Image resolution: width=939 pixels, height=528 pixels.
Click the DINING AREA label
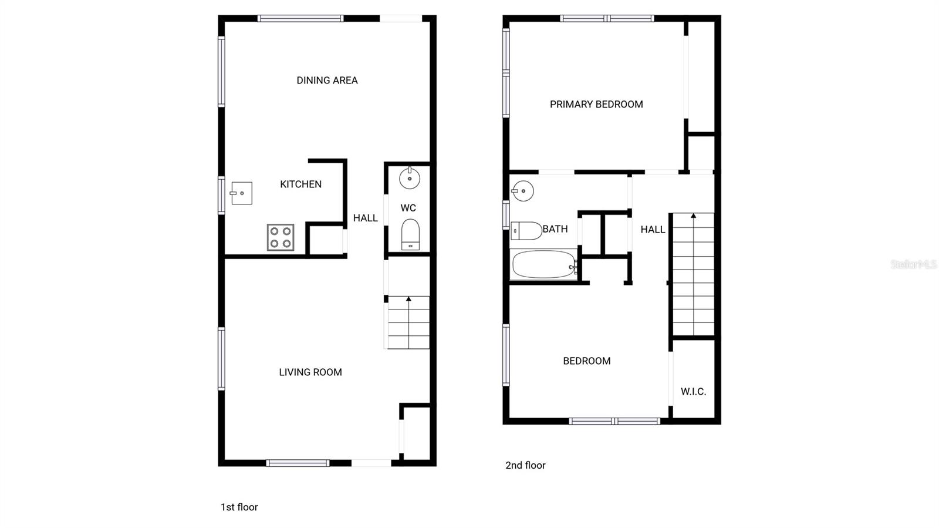coord(327,80)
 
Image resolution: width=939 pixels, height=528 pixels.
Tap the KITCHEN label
coord(300,184)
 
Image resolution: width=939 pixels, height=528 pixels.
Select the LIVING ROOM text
coord(310,372)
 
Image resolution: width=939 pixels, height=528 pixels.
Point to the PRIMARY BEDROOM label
coord(596,105)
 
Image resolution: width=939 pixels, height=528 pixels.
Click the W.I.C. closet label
coord(693,392)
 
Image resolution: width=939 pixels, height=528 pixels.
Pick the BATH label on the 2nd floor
coord(555,229)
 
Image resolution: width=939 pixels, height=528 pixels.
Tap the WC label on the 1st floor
coord(408,208)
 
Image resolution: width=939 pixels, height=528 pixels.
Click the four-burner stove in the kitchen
coord(281,237)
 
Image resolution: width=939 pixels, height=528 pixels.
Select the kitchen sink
coord(241,193)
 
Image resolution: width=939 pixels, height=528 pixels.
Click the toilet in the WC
coord(410,234)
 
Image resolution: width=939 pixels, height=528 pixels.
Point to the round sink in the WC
coord(410,178)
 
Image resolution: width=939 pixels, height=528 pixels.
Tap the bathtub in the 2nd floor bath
coord(544,264)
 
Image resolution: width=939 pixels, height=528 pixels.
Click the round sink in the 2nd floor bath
coord(522,191)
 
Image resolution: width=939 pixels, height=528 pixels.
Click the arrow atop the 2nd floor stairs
coord(693,217)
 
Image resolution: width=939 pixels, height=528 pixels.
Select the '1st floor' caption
coord(239,507)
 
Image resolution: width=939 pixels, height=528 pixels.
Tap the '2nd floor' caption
coord(525,466)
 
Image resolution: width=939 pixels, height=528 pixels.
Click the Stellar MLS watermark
coord(913,264)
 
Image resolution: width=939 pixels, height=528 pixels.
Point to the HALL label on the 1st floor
coord(365,218)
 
